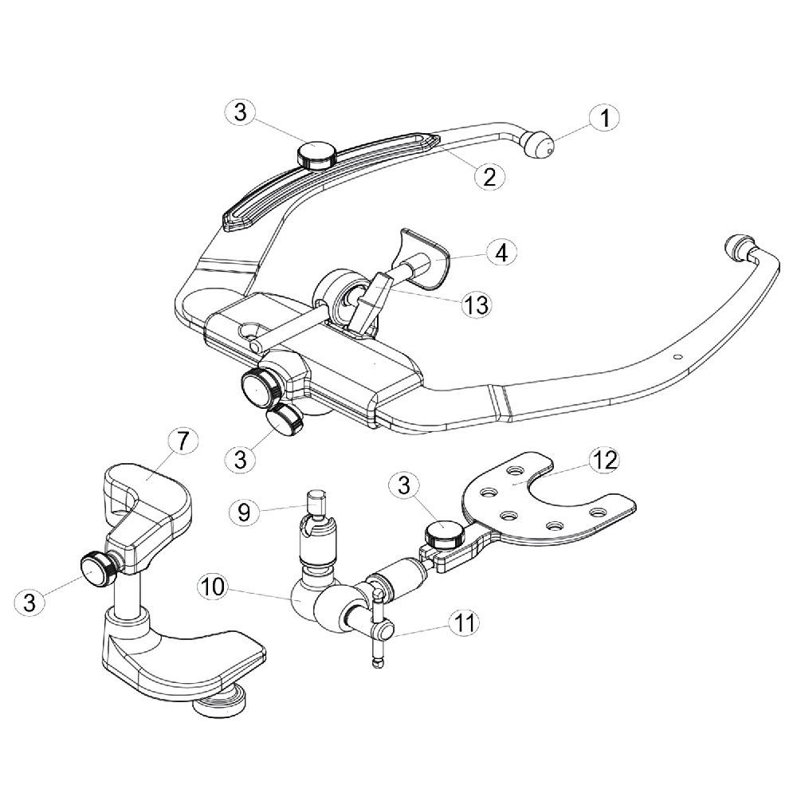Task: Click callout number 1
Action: [x=604, y=119]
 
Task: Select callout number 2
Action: [x=489, y=176]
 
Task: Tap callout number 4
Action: [x=501, y=252]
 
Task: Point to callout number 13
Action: [x=477, y=304]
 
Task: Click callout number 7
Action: [x=183, y=441]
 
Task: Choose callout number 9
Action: [x=244, y=512]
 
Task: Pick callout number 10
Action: [x=213, y=587]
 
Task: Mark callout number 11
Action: [x=464, y=622]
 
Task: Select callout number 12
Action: [x=604, y=460]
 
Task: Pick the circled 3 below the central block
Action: [x=241, y=459]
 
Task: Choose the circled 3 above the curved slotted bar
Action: [x=241, y=112]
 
